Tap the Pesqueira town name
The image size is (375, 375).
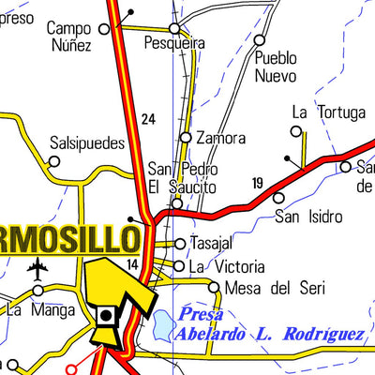click(x=174, y=43)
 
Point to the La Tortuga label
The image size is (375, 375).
click(x=327, y=112)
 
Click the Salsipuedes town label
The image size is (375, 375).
click(x=86, y=145)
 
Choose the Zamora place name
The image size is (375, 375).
click(x=221, y=139)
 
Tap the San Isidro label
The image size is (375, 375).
click(x=307, y=217)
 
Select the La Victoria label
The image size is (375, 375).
click(x=226, y=266)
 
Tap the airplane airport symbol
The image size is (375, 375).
click(x=37, y=271)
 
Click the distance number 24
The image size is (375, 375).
click(x=148, y=119)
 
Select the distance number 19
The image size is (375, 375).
click(x=258, y=182)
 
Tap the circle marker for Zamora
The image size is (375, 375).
click(x=186, y=138)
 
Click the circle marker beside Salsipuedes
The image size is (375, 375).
click(x=54, y=161)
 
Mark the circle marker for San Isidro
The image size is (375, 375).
click(x=278, y=198)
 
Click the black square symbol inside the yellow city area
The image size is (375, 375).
click(x=107, y=316)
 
